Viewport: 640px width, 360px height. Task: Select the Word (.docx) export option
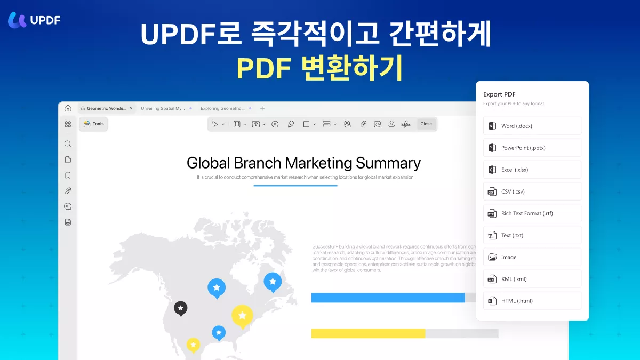point(532,126)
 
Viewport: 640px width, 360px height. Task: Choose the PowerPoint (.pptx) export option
point(532,148)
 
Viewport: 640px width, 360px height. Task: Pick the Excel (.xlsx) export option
point(532,170)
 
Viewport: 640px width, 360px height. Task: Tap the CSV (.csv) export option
point(532,191)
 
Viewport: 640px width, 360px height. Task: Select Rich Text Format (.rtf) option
point(532,213)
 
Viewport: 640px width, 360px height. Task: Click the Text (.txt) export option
point(532,235)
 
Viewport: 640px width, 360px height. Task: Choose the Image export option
point(532,257)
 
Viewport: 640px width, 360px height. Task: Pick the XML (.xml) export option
point(532,279)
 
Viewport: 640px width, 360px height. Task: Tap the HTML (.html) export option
point(532,301)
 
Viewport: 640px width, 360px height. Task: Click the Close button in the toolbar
point(426,124)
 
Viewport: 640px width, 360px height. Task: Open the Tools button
point(93,124)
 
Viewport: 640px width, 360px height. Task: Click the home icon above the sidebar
point(68,108)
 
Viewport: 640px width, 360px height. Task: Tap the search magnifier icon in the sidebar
point(68,144)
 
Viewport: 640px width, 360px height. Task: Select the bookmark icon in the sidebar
point(68,175)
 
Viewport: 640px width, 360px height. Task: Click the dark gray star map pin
point(181,308)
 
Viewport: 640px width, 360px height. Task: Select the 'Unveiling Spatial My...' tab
point(163,108)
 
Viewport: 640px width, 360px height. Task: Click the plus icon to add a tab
point(262,108)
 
